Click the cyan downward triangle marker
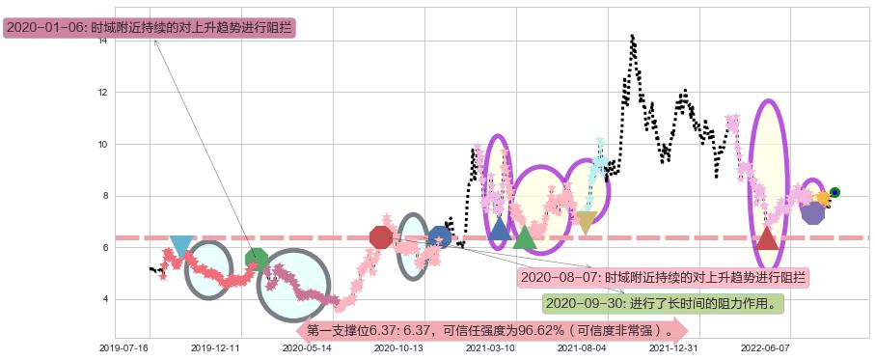180,246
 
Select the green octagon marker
256,259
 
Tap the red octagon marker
381,236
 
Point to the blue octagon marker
440,236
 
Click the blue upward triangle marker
499,230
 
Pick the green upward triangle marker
524,236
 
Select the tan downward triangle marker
586,223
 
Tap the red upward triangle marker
767,237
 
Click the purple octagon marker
813,212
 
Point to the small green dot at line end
834,192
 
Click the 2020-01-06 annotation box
149,28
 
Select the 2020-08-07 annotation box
663,278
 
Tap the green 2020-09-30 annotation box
662,304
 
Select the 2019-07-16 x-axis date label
123,348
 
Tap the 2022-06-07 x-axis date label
765,348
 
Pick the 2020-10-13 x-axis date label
398,348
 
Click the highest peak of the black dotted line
632,37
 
